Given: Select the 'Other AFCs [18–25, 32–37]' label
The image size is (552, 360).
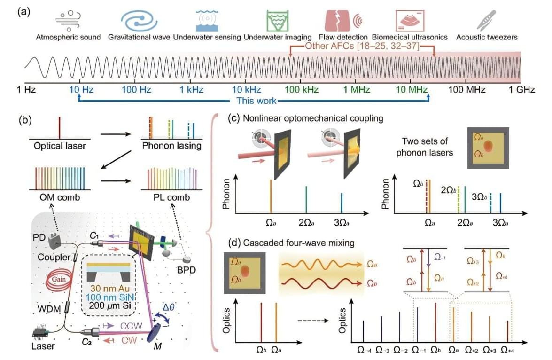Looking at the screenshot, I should (362, 46).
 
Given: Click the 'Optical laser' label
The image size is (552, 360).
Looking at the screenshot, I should (59, 146).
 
